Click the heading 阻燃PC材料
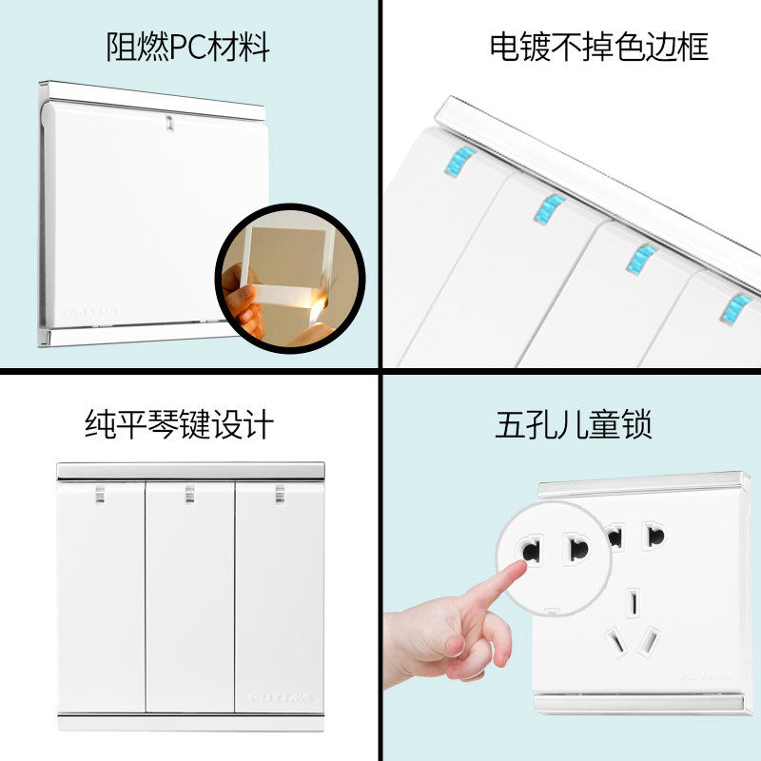coord(187,46)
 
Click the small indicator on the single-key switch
coord(169,123)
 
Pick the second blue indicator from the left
coord(549,208)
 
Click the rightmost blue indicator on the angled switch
coord(736,306)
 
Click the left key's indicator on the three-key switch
coord(99,493)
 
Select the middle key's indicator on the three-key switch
coord(189,493)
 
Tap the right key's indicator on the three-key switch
coord(280,493)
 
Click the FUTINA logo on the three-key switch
coord(280,697)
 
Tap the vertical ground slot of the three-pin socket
coord(633,601)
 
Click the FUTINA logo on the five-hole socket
coord(704,676)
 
